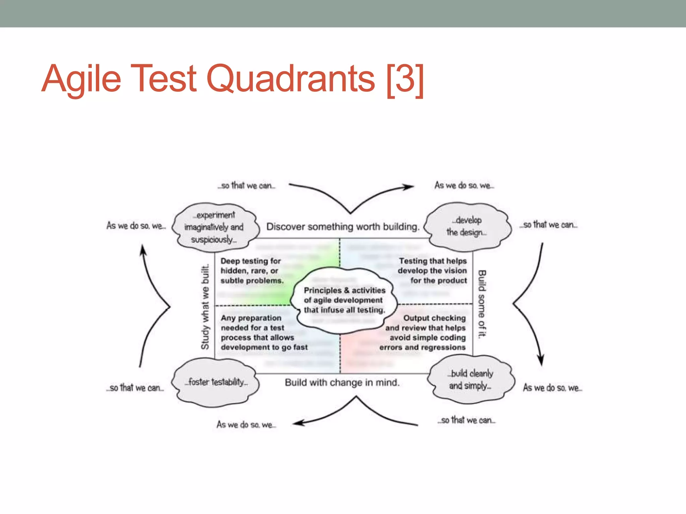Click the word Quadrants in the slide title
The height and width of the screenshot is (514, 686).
[291, 79]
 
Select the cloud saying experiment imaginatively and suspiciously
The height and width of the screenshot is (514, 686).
[214, 227]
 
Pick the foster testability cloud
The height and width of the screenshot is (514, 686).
[216, 382]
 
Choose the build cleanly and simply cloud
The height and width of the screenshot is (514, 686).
[470, 379]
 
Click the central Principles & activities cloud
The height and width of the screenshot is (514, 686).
[344, 300]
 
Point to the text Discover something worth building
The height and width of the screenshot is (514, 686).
[343, 227]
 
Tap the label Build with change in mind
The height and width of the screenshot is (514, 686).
[342, 382]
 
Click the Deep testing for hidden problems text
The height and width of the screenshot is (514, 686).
[252, 271]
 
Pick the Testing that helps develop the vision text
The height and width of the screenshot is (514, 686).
[432, 271]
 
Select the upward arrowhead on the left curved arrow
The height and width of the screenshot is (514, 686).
[143, 250]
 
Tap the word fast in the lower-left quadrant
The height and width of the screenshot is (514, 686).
[300, 347]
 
